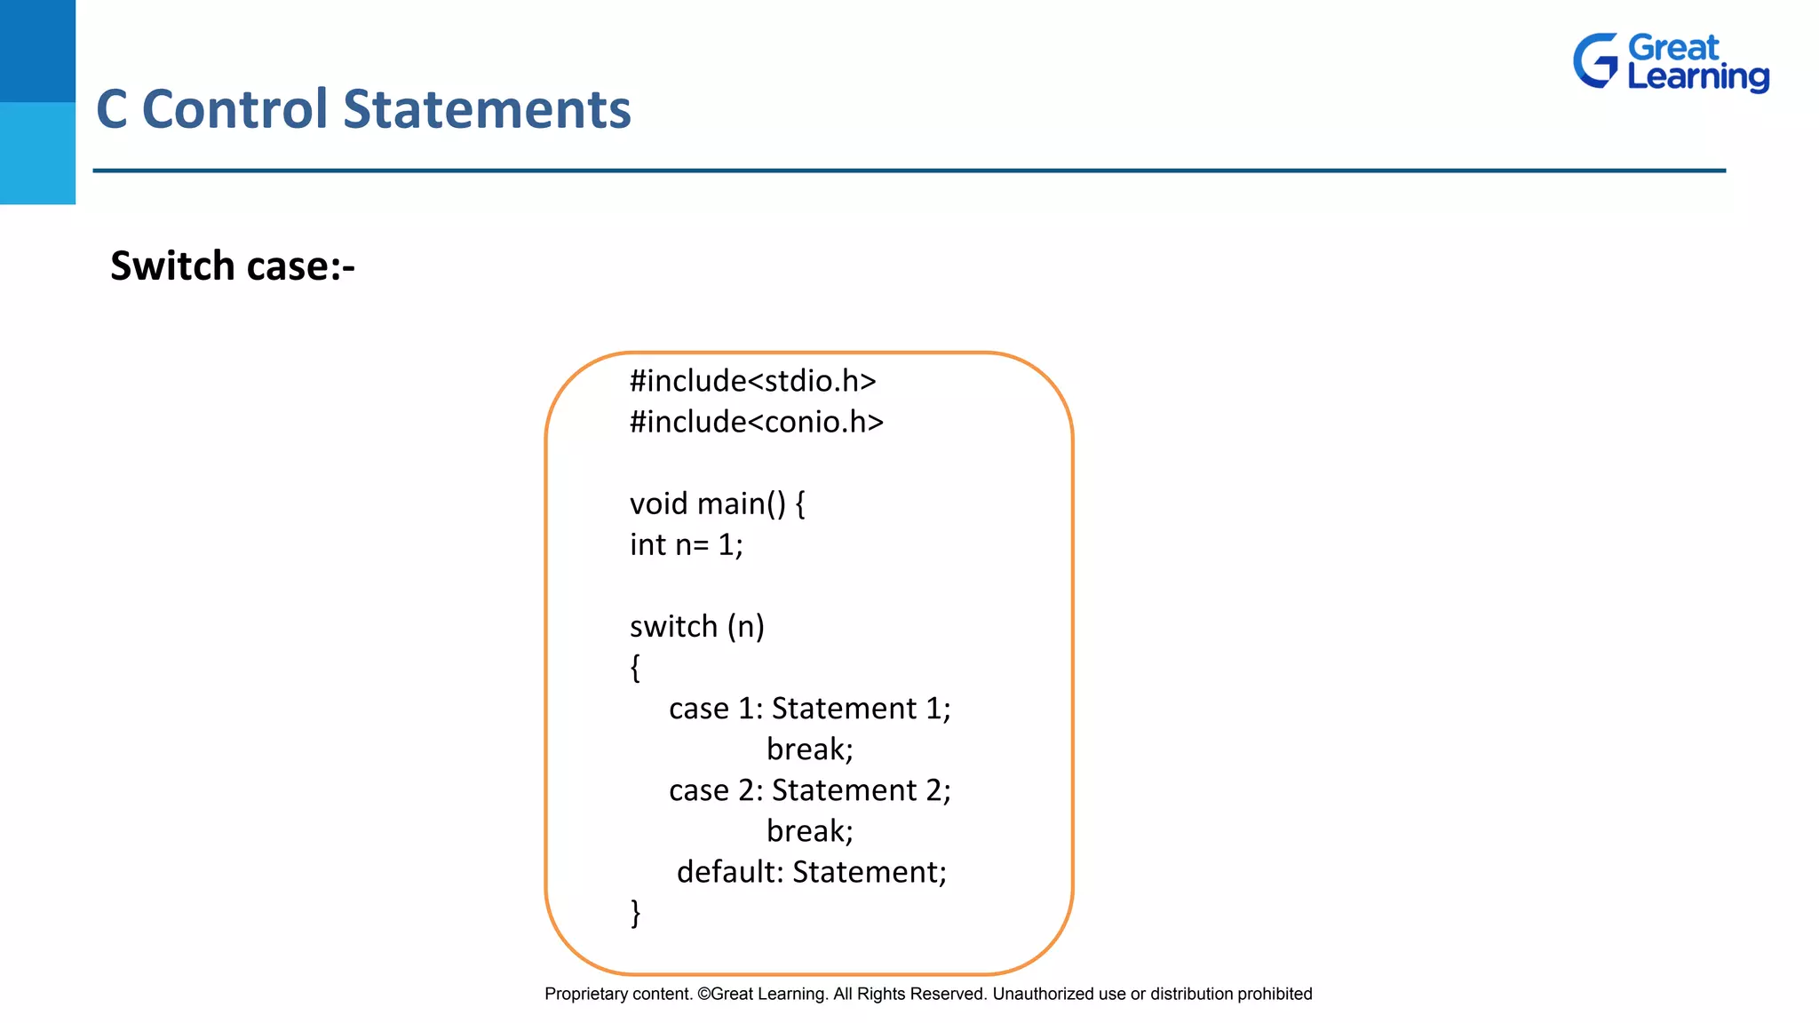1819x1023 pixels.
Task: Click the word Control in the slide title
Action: click(235, 109)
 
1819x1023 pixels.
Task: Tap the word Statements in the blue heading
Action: click(487, 109)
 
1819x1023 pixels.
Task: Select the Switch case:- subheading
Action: click(232, 266)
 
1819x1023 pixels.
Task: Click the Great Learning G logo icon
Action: click(1596, 61)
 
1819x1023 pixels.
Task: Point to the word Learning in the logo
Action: click(1697, 76)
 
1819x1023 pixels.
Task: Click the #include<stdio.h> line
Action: click(752, 381)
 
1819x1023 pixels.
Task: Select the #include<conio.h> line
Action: click(756, 422)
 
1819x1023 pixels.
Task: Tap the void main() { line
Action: click(717, 504)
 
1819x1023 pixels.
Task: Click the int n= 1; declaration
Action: click(686, 544)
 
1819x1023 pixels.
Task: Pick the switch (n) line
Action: click(696, 626)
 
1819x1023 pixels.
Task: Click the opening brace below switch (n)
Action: click(635, 667)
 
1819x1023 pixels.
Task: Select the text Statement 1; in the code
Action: click(861, 708)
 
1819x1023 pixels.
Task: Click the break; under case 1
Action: click(809, 749)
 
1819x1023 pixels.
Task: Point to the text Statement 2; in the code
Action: click(861, 789)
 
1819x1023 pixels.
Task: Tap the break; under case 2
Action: click(809, 830)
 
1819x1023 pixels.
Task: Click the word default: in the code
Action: click(730, 871)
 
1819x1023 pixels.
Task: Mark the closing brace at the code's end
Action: click(635, 912)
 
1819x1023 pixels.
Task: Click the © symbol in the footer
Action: click(703, 994)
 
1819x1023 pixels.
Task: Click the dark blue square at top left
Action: click(37, 51)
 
